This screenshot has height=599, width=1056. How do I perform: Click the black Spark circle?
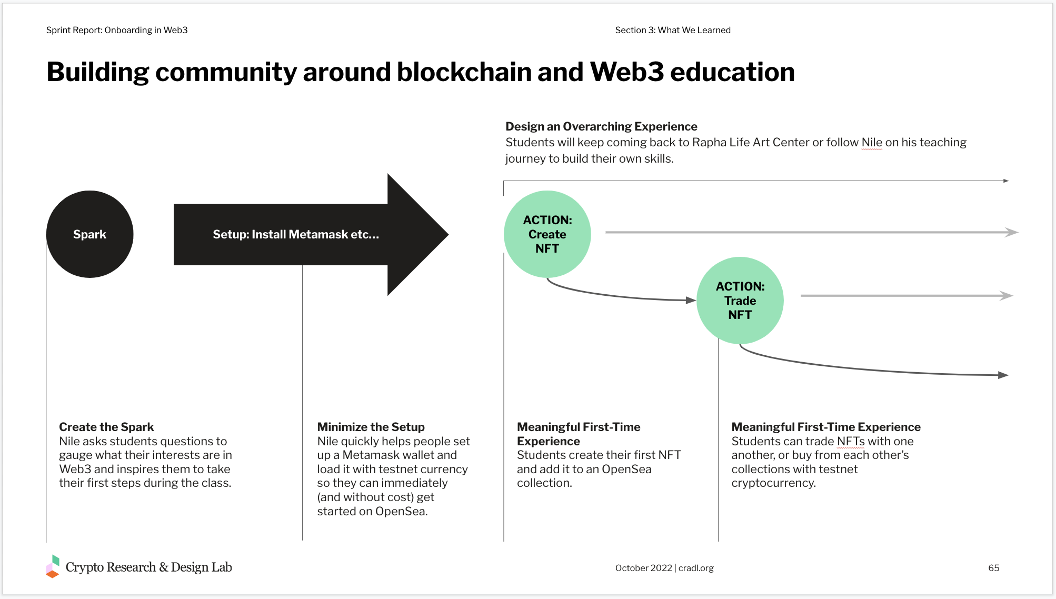(89, 234)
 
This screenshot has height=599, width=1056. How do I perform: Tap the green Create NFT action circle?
(547, 234)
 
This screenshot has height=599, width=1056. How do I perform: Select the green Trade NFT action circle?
(740, 301)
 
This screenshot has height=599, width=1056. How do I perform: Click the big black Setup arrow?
(311, 235)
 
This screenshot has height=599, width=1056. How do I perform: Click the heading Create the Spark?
(106, 427)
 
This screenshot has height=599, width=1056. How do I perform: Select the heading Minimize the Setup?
(371, 427)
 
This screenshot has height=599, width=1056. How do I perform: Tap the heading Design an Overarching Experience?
(601, 126)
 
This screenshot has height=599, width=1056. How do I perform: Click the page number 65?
(993, 568)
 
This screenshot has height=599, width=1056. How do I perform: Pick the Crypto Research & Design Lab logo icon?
(53, 567)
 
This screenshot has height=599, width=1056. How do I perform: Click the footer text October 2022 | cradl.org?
(664, 568)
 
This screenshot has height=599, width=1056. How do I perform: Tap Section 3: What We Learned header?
(673, 30)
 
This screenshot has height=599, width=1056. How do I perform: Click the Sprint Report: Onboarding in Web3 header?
(117, 30)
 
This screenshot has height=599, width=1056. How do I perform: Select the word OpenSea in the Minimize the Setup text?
(401, 511)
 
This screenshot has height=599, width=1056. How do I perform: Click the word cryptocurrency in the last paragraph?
(773, 483)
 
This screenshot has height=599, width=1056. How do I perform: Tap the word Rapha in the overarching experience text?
(708, 143)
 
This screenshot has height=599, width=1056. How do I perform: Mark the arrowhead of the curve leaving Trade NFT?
(1003, 375)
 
